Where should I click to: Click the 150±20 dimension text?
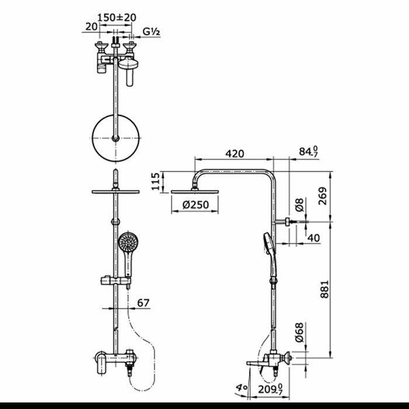click(x=117, y=18)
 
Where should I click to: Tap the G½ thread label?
click(x=151, y=32)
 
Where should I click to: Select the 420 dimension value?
click(x=235, y=154)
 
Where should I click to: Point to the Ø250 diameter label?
click(x=196, y=204)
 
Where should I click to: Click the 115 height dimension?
click(x=155, y=182)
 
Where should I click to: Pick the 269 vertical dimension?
click(x=323, y=196)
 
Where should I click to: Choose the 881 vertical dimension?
click(x=324, y=289)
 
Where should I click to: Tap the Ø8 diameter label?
click(x=300, y=204)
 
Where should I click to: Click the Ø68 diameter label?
click(x=299, y=332)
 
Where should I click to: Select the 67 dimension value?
click(x=144, y=303)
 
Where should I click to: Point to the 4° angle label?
click(x=241, y=387)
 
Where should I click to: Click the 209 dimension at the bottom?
click(x=271, y=389)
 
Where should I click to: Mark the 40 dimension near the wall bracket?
click(x=314, y=238)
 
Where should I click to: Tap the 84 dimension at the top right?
click(x=309, y=151)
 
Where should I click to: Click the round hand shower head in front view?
click(x=128, y=242)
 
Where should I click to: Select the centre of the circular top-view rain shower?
click(x=116, y=138)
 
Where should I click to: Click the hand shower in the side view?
click(x=270, y=255)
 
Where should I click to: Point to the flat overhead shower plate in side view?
click(x=195, y=192)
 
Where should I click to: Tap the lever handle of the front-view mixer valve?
click(x=102, y=363)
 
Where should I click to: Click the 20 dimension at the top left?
click(x=91, y=26)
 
